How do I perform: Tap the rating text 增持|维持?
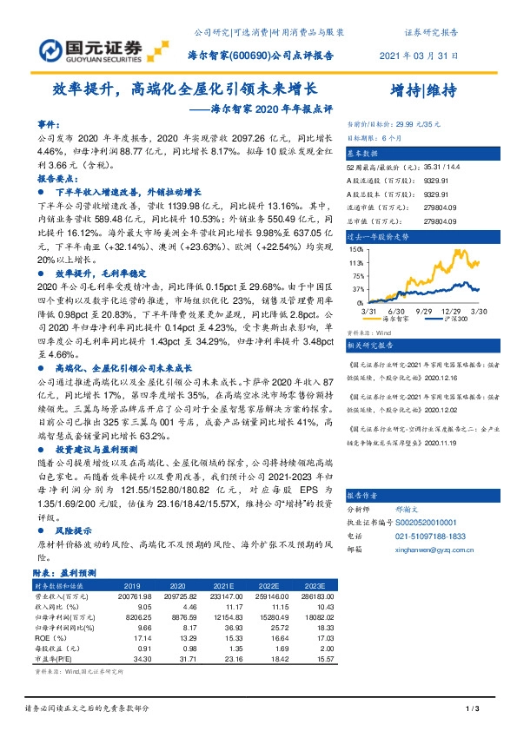point(424,90)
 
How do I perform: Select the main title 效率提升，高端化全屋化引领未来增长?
point(184,89)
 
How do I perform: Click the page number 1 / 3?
point(474,710)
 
